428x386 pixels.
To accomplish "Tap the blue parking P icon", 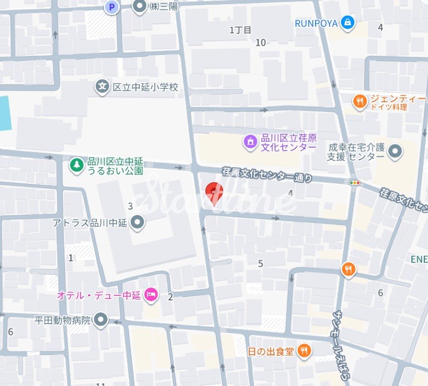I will [111, 7].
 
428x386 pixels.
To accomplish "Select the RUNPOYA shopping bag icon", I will [348, 23].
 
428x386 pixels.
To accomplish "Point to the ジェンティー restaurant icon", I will [360, 100].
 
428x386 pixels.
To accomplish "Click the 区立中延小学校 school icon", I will [102, 86].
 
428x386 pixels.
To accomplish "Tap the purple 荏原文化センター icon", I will [250, 142].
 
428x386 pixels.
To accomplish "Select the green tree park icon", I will [76, 165].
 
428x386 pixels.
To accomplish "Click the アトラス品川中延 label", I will [90, 222].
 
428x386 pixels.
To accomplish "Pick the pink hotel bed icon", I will [151, 295].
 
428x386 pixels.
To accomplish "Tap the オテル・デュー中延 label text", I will [98, 295].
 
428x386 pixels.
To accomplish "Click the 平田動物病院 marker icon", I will [101, 321].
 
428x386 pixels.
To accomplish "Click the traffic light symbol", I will [354, 183].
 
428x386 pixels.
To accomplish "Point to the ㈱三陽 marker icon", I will [140, 7].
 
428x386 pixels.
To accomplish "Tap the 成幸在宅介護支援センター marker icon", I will [395, 152].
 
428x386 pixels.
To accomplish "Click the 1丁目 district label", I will [240, 30].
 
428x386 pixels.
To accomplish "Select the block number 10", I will [261, 42].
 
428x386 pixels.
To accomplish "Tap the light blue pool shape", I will [5, 113].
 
